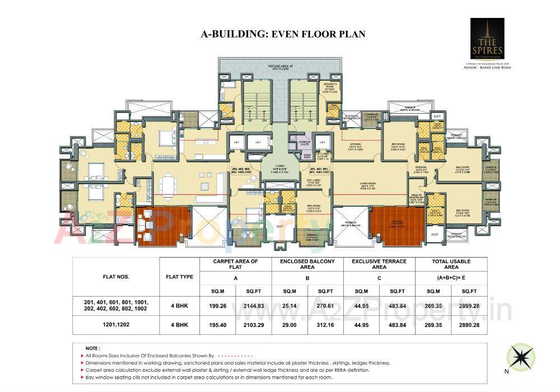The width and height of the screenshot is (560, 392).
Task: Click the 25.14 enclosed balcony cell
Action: (x=290, y=306)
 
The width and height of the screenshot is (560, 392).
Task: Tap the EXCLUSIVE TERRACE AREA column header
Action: (x=379, y=264)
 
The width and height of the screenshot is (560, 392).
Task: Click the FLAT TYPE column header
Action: (x=180, y=276)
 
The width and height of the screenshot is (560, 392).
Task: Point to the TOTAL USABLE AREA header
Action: (x=451, y=264)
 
